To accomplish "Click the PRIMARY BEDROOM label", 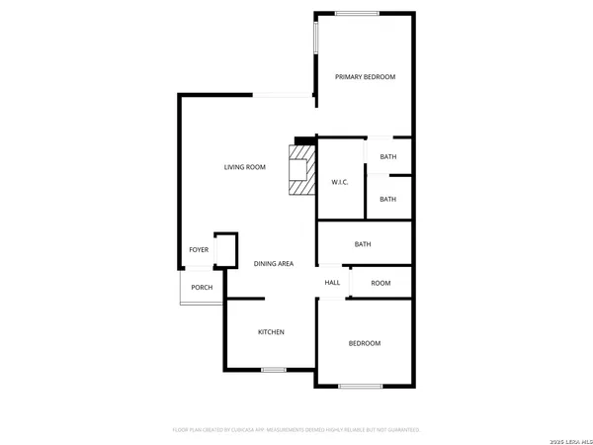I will point(365,77).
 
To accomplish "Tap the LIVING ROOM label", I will point(245,167).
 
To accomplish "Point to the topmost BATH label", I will point(387,157).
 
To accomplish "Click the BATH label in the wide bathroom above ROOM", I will point(363,244).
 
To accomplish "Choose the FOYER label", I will point(199,250).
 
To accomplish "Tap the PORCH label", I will point(202,288).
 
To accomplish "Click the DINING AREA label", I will point(274,264).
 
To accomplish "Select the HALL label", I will point(332,283).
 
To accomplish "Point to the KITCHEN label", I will point(272,332).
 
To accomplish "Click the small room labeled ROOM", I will point(381,283).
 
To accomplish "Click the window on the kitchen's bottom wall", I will point(275,370).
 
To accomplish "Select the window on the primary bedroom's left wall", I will point(316,38).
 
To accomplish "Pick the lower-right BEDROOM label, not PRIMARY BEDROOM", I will point(364,343).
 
